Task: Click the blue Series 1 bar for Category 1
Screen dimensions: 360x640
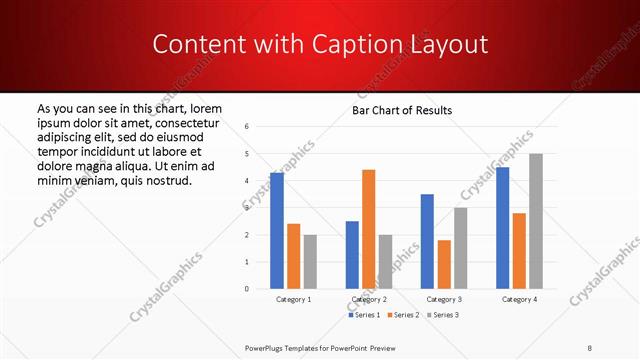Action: (x=277, y=231)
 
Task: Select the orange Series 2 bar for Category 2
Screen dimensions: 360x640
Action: (x=369, y=229)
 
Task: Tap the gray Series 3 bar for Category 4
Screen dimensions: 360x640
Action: (x=536, y=221)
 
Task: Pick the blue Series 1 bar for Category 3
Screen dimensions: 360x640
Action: (x=427, y=241)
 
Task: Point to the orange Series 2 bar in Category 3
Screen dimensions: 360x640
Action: (x=444, y=264)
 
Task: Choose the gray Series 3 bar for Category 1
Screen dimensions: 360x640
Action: (x=310, y=261)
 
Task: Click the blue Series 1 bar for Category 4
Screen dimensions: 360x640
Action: (x=502, y=228)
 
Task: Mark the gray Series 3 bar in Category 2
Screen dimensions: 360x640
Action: (x=385, y=261)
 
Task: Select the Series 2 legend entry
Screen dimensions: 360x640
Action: (x=403, y=315)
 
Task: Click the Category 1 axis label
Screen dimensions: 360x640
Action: (x=293, y=299)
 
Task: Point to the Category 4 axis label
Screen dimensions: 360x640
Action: (x=519, y=299)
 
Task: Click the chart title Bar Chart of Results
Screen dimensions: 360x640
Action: (x=402, y=110)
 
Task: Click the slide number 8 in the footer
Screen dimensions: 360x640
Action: (x=590, y=347)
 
